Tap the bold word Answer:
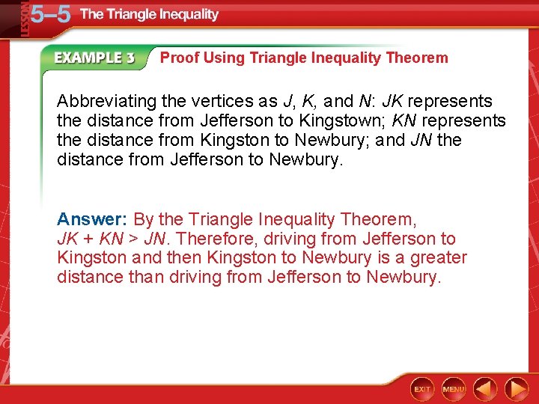coord(93,220)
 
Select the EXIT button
coord(422,389)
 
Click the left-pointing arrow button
coord(485,389)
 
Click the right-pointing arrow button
coord(517,389)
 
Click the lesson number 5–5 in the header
coord(49,14)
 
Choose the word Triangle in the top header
coord(132,14)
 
